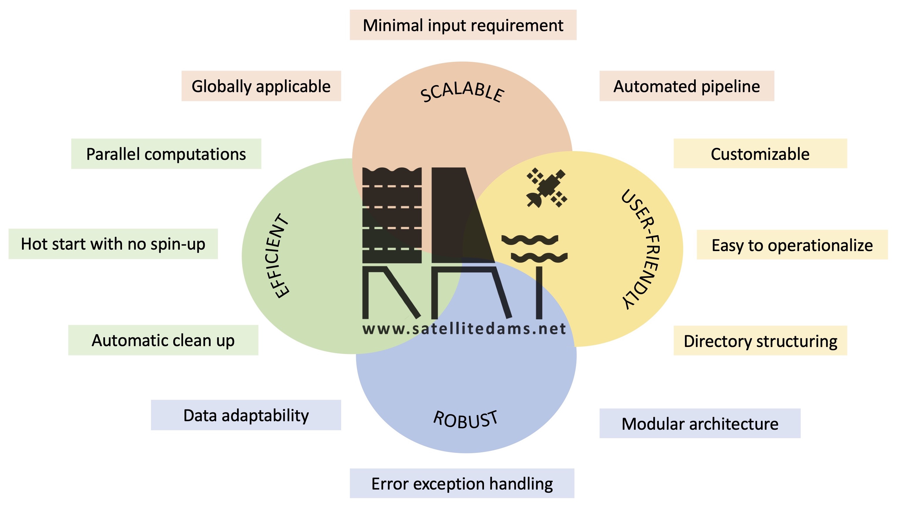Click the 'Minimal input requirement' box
[x=463, y=25]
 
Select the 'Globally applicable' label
[x=261, y=86]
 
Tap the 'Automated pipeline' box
[x=687, y=86]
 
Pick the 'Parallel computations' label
[x=166, y=154]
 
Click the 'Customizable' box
[x=760, y=154]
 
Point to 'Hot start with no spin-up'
[x=113, y=244]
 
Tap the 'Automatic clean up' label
[x=163, y=340]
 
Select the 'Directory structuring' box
[x=760, y=340]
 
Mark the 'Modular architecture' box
[x=700, y=423]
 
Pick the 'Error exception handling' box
[x=462, y=483]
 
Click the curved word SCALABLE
[x=463, y=93]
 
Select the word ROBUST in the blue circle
[x=465, y=419]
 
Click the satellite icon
[x=546, y=188]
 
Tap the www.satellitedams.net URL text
[x=464, y=329]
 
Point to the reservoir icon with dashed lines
[x=392, y=215]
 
